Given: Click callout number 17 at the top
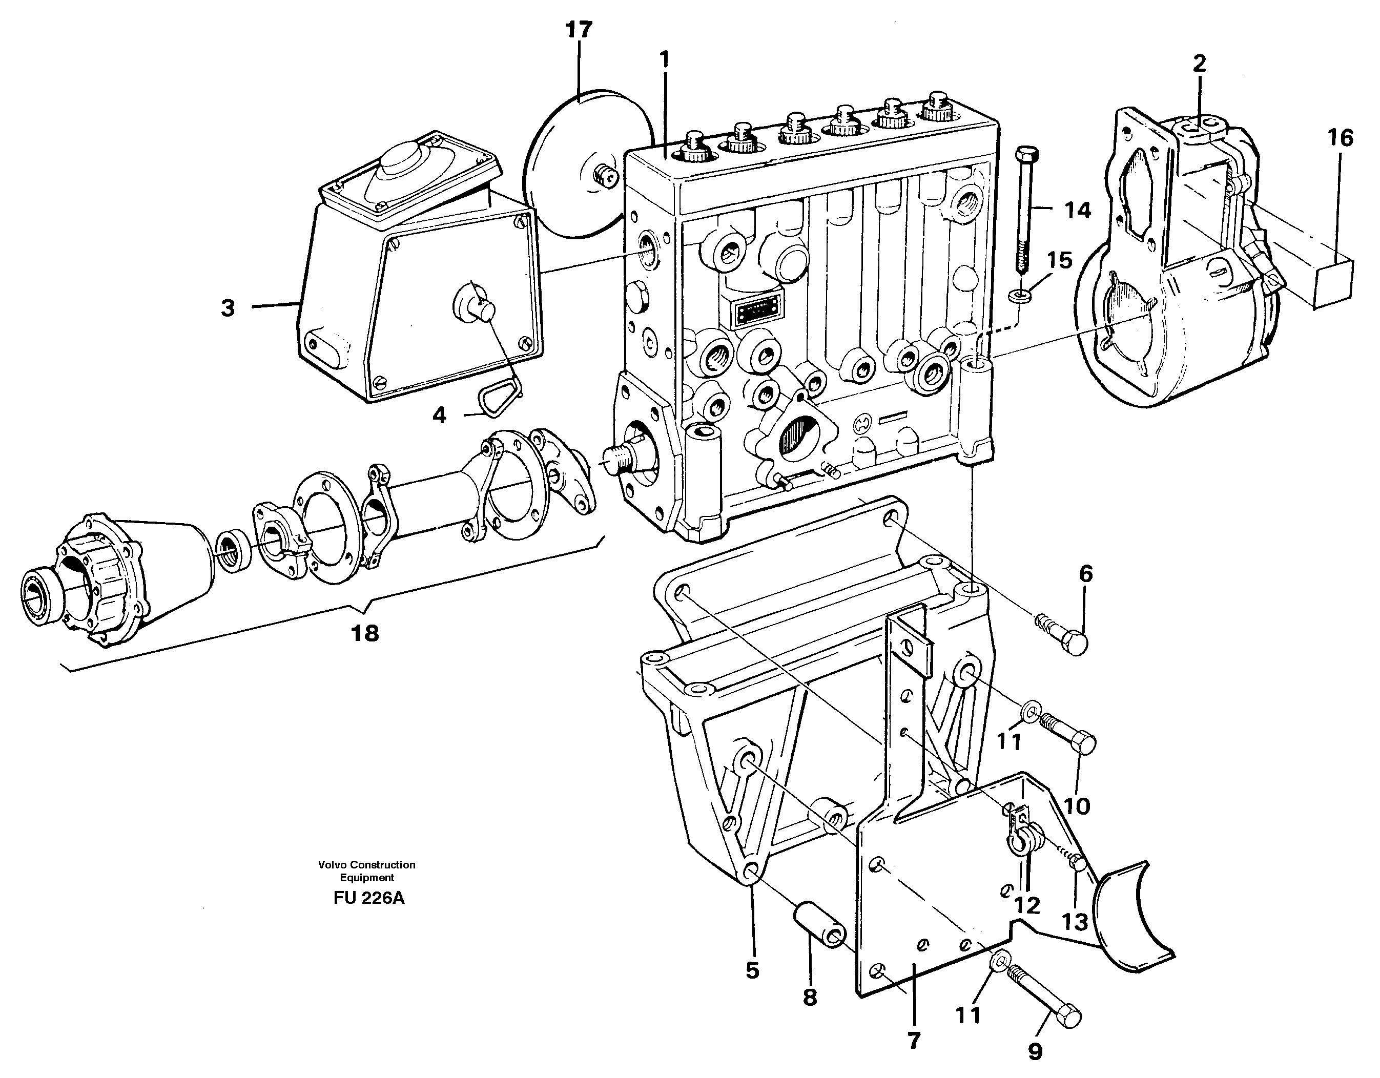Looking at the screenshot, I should (x=579, y=30).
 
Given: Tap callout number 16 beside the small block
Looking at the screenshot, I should (x=1340, y=138).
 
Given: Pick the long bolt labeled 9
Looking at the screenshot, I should (x=1044, y=1000).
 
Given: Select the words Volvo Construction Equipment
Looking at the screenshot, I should (x=366, y=870).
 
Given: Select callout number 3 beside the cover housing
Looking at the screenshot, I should (x=228, y=308).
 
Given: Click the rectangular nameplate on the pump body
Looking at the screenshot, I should (x=757, y=311).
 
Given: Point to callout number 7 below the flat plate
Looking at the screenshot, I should (x=914, y=1040).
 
